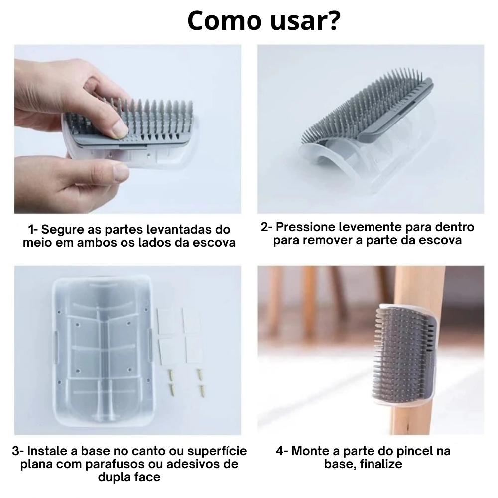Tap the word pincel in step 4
412,451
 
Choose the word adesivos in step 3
195,464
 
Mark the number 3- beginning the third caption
18,451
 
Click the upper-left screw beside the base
170,374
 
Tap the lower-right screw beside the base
202,391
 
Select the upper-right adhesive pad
191,320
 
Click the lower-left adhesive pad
167,350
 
